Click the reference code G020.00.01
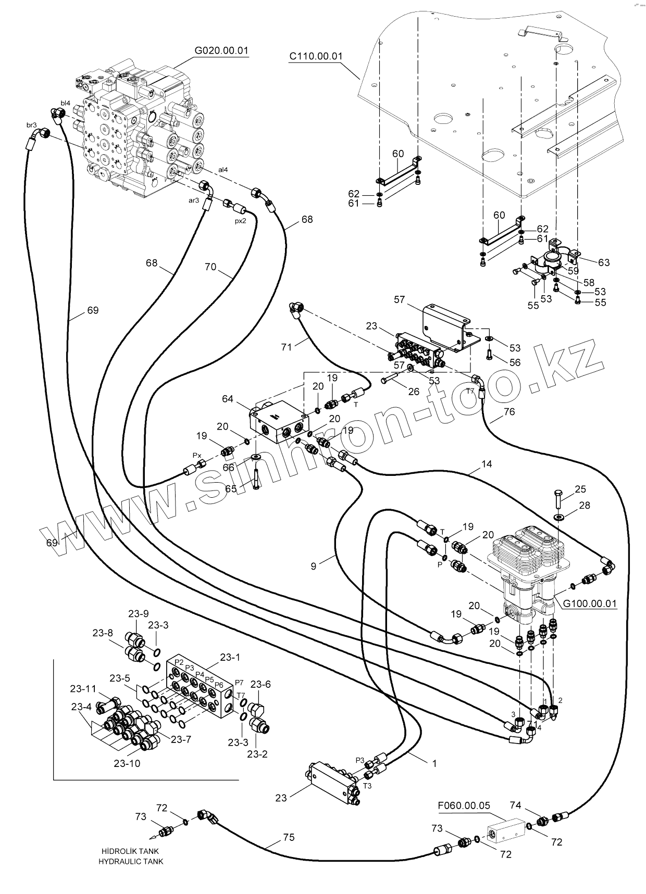point(221,51)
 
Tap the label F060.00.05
point(464,805)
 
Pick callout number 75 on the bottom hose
point(289,837)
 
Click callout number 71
point(287,347)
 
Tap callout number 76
point(509,411)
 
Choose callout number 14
point(487,463)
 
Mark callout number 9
point(314,566)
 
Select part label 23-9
point(139,614)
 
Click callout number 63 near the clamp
point(603,262)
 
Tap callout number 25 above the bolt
point(580,489)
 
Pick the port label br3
point(31,125)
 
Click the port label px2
point(240,221)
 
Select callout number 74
point(515,805)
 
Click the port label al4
point(223,169)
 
